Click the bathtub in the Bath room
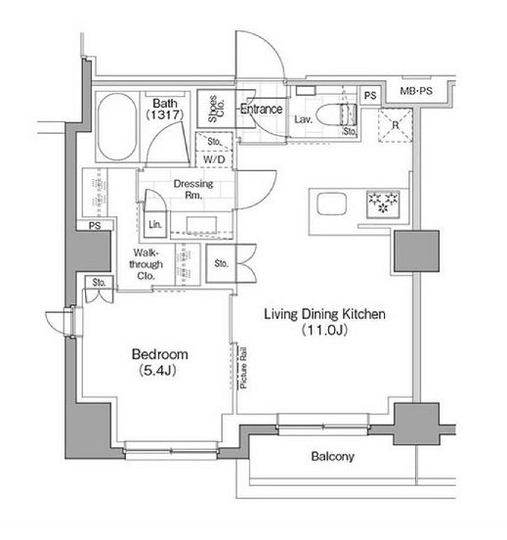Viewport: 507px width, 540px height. pyautogui.click(x=116, y=127)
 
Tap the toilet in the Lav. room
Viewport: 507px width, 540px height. pyautogui.click(x=336, y=115)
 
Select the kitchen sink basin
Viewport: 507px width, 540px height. pyautogui.click(x=331, y=203)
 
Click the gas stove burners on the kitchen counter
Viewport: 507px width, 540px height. pyautogui.click(x=383, y=203)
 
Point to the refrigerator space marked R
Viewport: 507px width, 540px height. pyautogui.click(x=396, y=125)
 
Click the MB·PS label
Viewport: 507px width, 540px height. pyautogui.click(x=416, y=91)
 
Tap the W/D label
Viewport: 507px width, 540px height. pyautogui.click(x=214, y=159)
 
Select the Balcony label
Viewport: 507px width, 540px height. pyautogui.click(x=332, y=457)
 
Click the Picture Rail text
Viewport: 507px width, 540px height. pyautogui.click(x=243, y=368)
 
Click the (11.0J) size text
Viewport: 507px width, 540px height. pyautogui.click(x=324, y=331)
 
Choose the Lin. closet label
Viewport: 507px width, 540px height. pyautogui.click(x=155, y=225)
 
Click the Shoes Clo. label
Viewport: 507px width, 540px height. pyautogui.click(x=216, y=109)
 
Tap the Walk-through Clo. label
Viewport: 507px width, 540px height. pyautogui.click(x=146, y=264)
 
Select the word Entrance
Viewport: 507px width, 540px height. pyautogui.click(x=262, y=110)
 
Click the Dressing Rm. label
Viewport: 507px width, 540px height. pyautogui.click(x=193, y=189)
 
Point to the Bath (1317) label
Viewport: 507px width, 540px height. pyautogui.click(x=165, y=109)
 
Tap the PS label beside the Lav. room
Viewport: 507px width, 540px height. pyautogui.click(x=370, y=96)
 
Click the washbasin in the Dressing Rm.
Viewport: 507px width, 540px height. pyautogui.click(x=201, y=225)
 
